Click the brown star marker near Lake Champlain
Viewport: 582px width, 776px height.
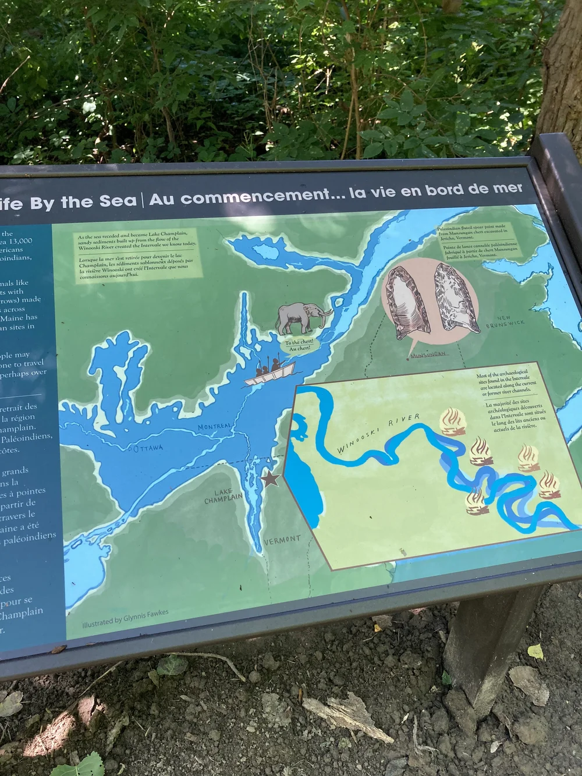tap(269, 480)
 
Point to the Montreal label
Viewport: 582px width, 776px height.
tap(214, 427)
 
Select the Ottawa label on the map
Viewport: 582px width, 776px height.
tap(149, 448)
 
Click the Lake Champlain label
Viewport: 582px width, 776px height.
tap(223, 497)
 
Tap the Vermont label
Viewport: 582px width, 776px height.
tap(282, 540)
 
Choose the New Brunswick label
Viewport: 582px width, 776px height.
tap(505, 322)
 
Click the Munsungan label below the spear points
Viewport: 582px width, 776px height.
tap(427, 354)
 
